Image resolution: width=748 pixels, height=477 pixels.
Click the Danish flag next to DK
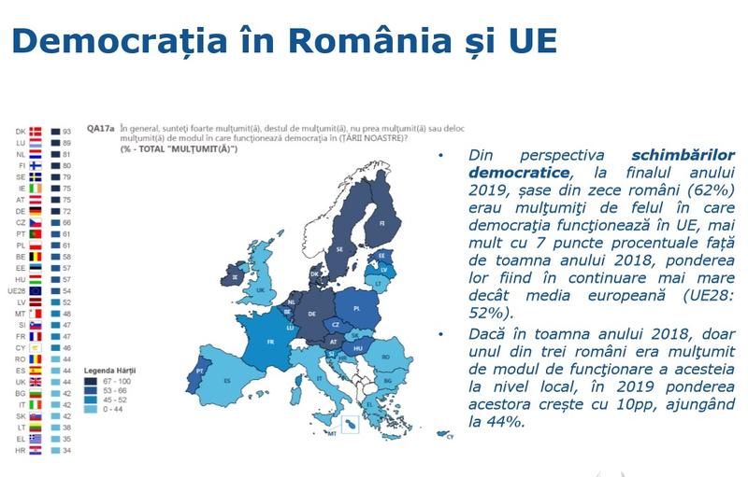click(x=36, y=132)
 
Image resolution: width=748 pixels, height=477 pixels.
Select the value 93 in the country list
click(x=68, y=132)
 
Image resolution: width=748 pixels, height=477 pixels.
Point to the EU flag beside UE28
click(x=36, y=290)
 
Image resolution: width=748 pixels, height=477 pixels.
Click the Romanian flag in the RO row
click(x=36, y=358)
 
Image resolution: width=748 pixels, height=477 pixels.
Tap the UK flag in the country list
click(x=36, y=381)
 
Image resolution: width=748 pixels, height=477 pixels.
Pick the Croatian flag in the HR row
click(x=36, y=449)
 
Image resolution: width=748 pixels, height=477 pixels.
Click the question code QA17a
click(x=100, y=129)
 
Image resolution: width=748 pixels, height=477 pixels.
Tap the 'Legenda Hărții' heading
click(x=113, y=370)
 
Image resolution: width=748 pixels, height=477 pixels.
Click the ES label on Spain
click(x=227, y=381)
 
